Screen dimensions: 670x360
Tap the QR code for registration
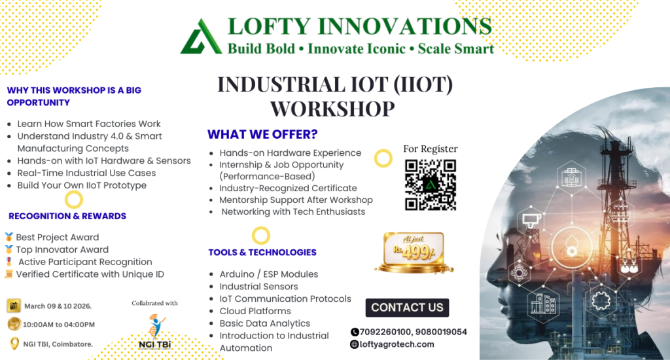(x=431, y=185)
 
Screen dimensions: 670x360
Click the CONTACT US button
(x=407, y=308)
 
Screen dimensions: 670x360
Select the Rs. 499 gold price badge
(x=414, y=253)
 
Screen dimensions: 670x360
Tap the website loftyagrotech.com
(x=397, y=344)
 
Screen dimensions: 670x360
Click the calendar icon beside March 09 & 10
(x=14, y=306)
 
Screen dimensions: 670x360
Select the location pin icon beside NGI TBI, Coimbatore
(x=14, y=344)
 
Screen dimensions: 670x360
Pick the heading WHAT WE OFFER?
(x=262, y=134)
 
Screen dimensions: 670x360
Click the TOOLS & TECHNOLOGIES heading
(x=262, y=252)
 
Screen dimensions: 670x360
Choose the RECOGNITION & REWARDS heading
(x=67, y=216)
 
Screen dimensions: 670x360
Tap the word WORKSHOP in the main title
(x=332, y=109)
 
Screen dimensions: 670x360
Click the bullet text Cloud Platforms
(x=255, y=311)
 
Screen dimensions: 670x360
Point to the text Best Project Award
(x=58, y=238)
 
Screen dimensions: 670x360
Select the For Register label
(x=431, y=149)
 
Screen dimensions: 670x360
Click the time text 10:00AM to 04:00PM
(x=59, y=325)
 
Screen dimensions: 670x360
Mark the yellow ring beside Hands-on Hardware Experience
(x=383, y=158)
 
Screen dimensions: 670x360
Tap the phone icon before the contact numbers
(x=355, y=333)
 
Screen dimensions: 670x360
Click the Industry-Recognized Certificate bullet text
(x=288, y=188)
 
